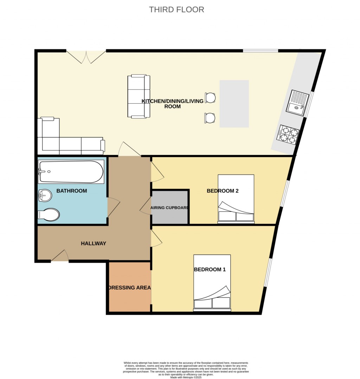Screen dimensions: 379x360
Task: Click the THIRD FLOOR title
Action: click(176, 9)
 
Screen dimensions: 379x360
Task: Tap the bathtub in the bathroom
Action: click(71, 172)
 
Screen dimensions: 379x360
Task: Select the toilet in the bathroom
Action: click(48, 215)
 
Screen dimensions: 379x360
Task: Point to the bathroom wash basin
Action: click(45, 196)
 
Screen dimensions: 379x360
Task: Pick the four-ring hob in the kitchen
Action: click(288, 135)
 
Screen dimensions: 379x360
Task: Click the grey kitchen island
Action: click(234, 104)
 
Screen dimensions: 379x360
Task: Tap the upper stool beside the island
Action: click(210, 98)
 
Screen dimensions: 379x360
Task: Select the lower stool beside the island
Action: click(210, 118)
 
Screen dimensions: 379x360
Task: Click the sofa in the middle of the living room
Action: click(139, 96)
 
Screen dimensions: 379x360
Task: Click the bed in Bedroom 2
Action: click(236, 199)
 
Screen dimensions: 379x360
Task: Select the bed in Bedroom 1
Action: click(212, 283)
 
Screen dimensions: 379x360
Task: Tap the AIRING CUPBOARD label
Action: click(170, 208)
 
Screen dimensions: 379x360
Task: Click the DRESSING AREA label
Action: click(129, 288)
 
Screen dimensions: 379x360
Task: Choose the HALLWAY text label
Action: click(94, 243)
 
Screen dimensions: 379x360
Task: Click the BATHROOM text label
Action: click(72, 191)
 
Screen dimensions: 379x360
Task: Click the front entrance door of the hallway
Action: click(60, 256)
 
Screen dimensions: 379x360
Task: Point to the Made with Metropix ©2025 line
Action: click(186, 377)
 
